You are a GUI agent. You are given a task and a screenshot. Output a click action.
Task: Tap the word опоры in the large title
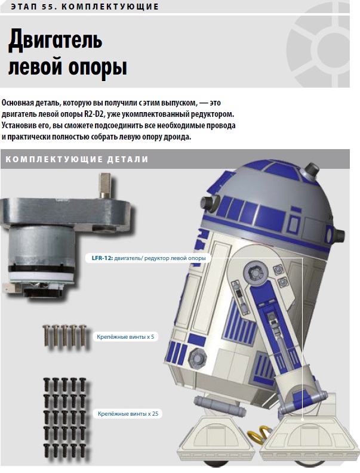(x=97, y=67)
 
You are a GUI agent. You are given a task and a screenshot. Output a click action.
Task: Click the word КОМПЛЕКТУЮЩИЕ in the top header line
(x=110, y=7)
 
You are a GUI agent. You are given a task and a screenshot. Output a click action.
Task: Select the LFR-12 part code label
(x=102, y=258)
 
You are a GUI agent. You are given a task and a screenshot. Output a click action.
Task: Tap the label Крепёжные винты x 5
(x=125, y=336)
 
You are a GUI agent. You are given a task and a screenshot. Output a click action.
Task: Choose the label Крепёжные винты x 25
(x=128, y=413)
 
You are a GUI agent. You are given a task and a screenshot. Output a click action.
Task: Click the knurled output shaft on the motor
(x=106, y=185)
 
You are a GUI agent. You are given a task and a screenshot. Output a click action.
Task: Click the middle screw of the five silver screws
(x=64, y=335)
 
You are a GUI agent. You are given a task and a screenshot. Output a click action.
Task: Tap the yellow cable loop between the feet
(x=257, y=435)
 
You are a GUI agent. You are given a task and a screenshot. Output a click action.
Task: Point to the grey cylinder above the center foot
(x=219, y=404)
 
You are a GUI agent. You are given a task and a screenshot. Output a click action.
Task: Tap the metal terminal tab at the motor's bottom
(x=11, y=288)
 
